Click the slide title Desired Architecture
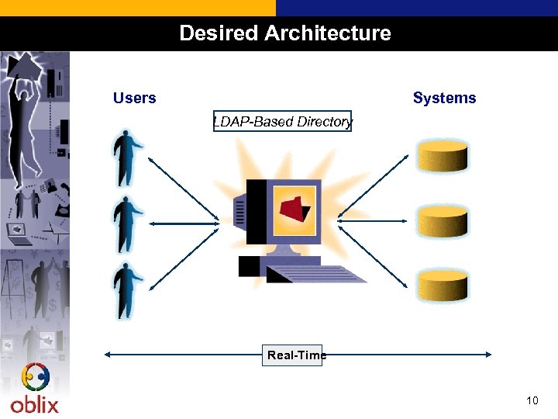tap(284, 33)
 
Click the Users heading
tap(134, 98)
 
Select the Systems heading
tap(444, 98)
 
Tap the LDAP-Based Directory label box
tap(282, 122)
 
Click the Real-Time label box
tap(292, 355)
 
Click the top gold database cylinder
tap(443, 156)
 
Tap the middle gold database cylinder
tap(443, 222)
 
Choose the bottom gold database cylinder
tap(443, 286)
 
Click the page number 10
tap(532, 400)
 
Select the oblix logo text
tap(34, 404)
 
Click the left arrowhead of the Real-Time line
tap(108, 355)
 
